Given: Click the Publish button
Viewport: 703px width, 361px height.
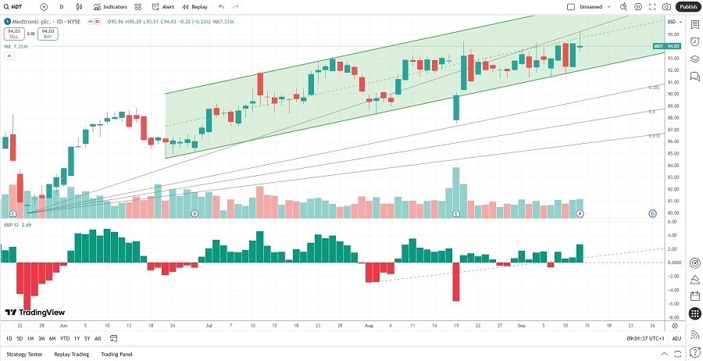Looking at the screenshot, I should coord(688,6).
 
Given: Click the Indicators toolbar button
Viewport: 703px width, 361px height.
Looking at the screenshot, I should coord(111,6).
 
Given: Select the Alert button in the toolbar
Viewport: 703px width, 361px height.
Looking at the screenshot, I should coord(163,6).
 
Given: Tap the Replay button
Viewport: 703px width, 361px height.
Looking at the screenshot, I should coord(196,6).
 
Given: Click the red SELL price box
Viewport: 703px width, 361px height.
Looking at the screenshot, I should coord(12,34).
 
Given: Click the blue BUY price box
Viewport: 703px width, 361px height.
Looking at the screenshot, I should coord(48,34).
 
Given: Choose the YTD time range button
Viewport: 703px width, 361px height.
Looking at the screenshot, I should coord(64,338).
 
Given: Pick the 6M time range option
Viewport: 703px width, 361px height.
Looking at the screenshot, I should coord(52,338).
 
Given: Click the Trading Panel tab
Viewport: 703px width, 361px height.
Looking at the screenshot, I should coord(116,354).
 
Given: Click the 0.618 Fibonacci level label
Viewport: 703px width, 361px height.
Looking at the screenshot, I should coord(655,135).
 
